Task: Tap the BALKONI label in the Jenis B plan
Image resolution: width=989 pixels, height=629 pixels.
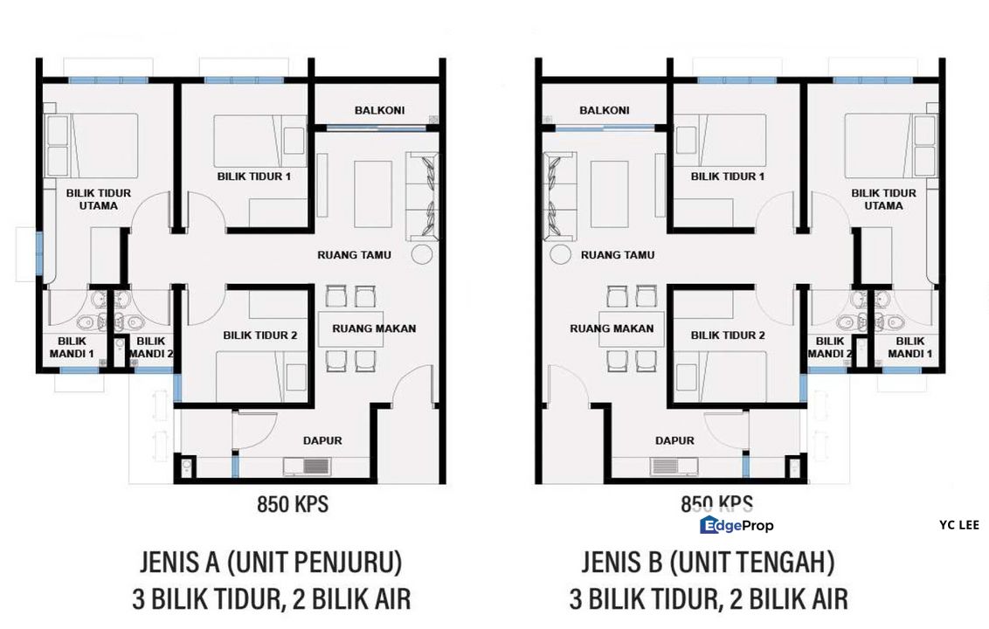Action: pos(604,111)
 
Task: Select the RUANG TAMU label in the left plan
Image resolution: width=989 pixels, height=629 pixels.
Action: pos(354,255)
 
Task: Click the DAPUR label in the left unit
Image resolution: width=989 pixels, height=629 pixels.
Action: pos(322,441)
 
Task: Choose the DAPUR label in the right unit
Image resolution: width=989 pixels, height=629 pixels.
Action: pos(675,441)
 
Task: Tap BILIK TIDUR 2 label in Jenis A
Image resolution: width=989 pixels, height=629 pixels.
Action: pos(260,335)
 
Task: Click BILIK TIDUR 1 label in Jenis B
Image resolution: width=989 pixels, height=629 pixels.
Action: pos(728,176)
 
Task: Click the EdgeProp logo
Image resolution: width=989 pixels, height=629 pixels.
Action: pos(737,525)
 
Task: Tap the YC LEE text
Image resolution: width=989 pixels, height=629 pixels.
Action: pos(958,525)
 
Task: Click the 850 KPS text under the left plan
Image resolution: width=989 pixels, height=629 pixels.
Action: pos(293,504)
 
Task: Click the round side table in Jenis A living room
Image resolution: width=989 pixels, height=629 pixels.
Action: pos(423,254)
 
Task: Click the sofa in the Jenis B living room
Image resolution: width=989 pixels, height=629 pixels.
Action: pos(557,196)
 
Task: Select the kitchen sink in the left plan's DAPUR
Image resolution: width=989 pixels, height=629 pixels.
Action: pos(303,466)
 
